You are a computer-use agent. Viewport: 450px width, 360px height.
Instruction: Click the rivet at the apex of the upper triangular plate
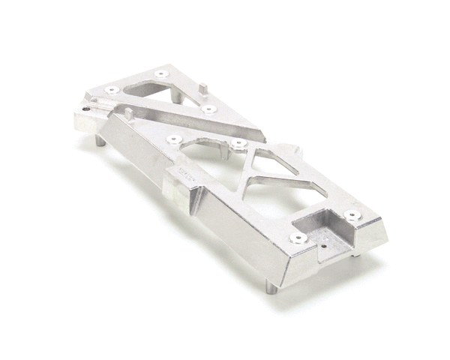(x=162, y=74)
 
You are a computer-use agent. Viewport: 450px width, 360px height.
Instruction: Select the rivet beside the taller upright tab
(x=209, y=109)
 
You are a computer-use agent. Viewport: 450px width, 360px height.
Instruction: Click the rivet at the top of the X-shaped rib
(x=238, y=142)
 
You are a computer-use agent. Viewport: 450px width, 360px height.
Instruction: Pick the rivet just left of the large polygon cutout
(x=174, y=139)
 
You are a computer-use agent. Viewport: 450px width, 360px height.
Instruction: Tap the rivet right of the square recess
(x=352, y=216)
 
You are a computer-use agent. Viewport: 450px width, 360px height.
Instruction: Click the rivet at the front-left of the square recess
(x=298, y=238)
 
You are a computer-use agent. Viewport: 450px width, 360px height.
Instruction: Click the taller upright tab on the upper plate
(x=203, y=88)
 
